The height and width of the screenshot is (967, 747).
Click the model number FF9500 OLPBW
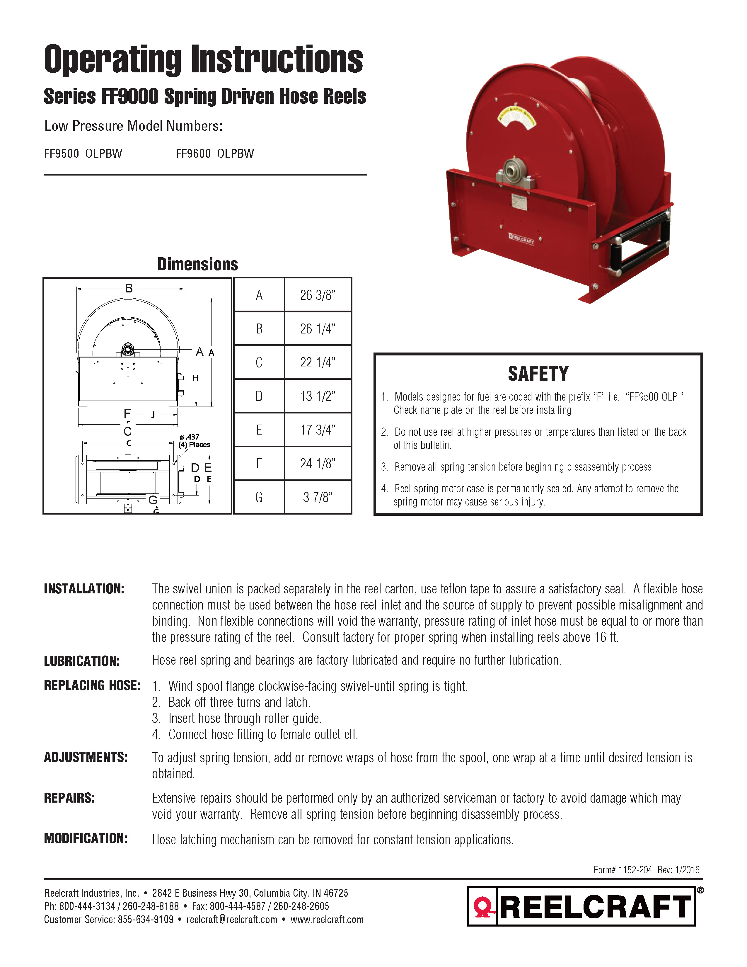83,154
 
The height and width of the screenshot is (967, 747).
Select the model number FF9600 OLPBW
215,154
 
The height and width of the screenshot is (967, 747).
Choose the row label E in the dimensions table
259,430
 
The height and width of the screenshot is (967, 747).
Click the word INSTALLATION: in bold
84,589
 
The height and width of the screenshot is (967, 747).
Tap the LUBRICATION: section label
82,661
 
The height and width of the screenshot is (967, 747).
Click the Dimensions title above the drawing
198,264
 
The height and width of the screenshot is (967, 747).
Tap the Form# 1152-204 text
623,870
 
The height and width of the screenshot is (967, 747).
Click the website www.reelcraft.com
327,919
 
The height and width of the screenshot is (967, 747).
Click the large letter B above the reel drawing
129,288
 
